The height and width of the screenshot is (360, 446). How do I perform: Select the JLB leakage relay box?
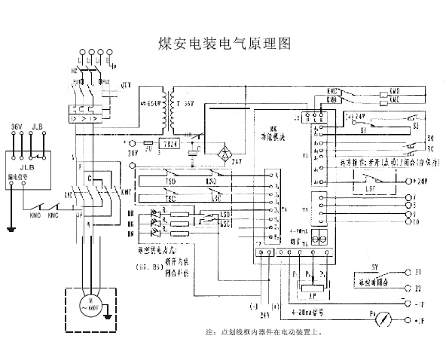coord(25,163)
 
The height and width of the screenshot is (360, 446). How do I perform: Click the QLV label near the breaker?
coord(126,85)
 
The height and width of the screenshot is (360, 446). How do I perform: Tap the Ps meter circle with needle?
coord(386,319)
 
